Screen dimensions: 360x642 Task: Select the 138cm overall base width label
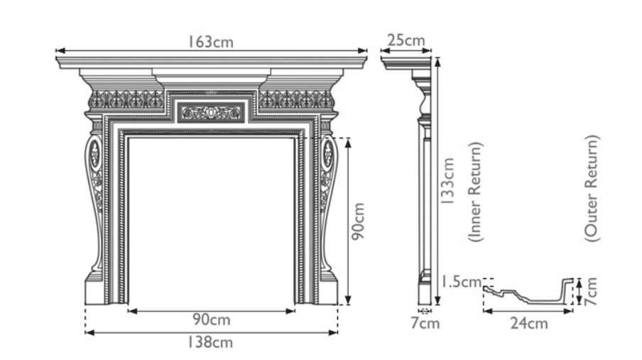click(x=211, y=342)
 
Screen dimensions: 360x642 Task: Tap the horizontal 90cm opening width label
click(x=211, y=320)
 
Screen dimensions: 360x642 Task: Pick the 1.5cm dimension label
click(x=459, y=282)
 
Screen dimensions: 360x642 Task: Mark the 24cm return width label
click(x=529, y=323)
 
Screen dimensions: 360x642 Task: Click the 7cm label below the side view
click(x=425, y=324)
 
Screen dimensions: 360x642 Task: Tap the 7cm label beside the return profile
click(x=591, y=290)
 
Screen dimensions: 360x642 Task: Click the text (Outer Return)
click(x=592, y=187)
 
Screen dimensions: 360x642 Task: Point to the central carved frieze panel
click(x=211, y=112)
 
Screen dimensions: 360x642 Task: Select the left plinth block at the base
click(x=96, y=290)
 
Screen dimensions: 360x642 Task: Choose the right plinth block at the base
click(x=327, y=290)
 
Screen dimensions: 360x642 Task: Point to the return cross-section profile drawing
click(x=529, y=291)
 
